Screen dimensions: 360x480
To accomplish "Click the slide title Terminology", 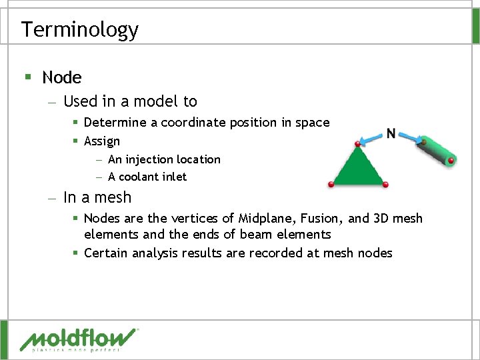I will [x=79, y=29].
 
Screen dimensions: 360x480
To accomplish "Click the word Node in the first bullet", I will [x=61, y=77].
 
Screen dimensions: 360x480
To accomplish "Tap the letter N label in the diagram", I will [x=391, y=133].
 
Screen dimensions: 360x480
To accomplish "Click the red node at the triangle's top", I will [x=358, y=143].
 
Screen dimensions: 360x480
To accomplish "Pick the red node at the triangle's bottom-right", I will [x=386, y=185].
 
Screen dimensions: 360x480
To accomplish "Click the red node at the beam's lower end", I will [x=451, y=161].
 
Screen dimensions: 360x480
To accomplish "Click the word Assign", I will [x=102, y=141].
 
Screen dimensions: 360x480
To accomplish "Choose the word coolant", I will [x=143, y=177].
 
